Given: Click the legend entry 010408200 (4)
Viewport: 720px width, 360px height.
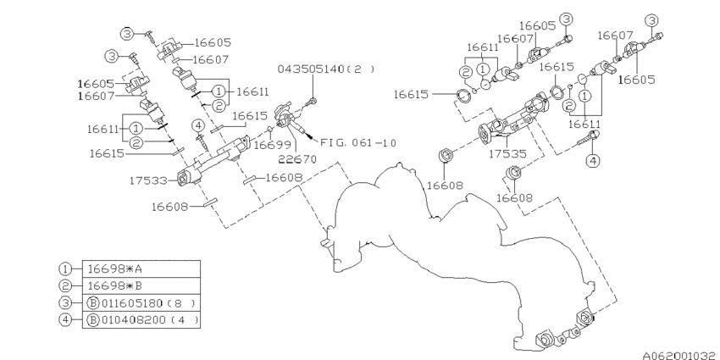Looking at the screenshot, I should click(141, 321).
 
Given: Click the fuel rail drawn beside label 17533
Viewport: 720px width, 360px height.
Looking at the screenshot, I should click(217, 158).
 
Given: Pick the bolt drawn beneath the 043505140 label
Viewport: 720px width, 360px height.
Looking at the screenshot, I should click(313, 102).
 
